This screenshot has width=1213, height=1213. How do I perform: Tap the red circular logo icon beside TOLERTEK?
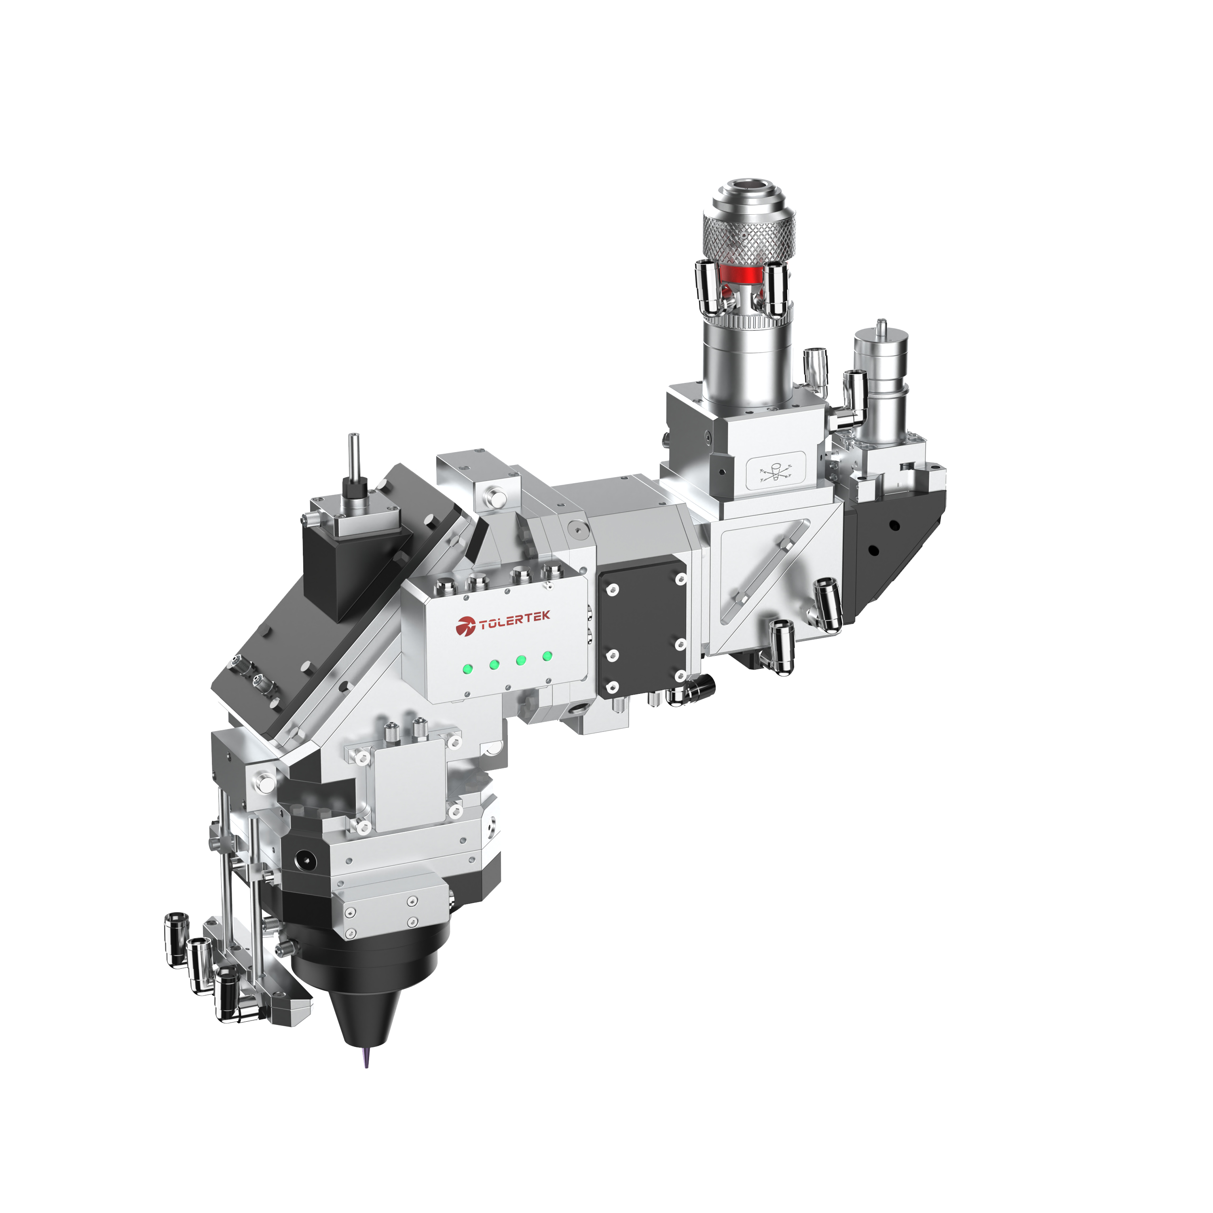point(466,626)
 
